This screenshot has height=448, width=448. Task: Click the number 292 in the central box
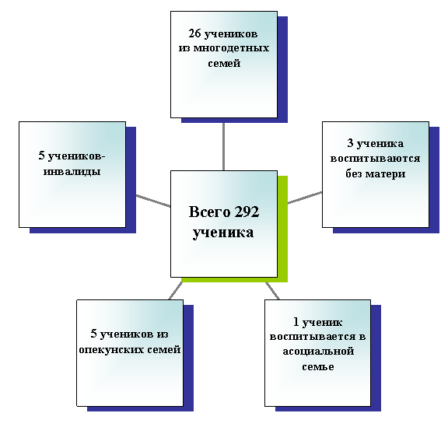247,212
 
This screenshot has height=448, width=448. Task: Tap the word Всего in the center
209,212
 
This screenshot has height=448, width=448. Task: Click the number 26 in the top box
194,33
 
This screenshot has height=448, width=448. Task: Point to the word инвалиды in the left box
72,172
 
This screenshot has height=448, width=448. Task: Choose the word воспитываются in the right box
375,158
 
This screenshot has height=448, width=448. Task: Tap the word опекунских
112,350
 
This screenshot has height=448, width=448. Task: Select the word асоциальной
318,351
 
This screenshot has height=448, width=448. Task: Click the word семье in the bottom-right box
318,366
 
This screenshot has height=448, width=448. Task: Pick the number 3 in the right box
350,143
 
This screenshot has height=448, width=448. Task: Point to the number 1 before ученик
296,322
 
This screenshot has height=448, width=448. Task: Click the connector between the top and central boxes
223,146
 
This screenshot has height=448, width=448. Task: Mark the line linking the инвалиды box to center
153,201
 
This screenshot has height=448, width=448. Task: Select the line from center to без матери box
305,198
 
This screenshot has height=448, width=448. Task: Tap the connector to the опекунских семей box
176,291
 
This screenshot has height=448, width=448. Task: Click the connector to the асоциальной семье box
272,291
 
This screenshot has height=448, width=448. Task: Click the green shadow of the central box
282,229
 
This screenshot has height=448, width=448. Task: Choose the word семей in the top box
224,63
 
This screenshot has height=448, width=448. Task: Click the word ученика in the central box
223,233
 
